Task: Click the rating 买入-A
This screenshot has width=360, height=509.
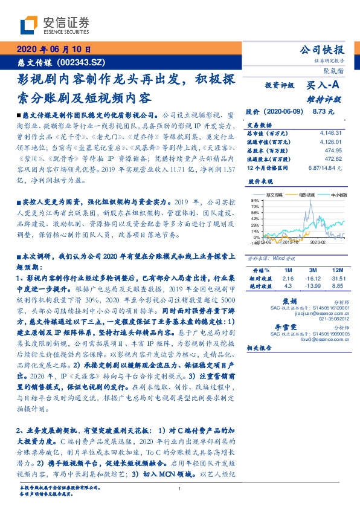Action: [324, 86]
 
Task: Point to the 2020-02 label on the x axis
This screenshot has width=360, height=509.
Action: [318, 241]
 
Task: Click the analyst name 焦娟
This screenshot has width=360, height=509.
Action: [289, 300]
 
